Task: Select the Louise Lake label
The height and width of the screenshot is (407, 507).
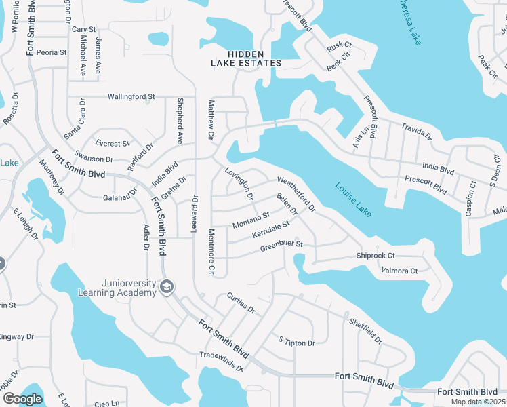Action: coord(353,199)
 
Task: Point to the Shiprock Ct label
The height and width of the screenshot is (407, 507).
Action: coord(376,256)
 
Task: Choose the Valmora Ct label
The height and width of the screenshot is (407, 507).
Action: coord(399,271)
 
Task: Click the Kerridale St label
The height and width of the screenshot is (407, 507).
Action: coord(270,229)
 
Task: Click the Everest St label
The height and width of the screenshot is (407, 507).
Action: coord(113,144)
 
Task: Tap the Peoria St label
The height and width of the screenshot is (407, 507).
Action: coord(52,52)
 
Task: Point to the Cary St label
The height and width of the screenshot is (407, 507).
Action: coord(84,30)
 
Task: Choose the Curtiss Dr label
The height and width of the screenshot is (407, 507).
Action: coord(241,303)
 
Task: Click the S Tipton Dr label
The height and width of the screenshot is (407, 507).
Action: coord(297,341)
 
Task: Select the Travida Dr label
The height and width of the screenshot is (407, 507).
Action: coord(416,132)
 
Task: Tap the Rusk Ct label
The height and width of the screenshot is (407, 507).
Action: coord(340,45)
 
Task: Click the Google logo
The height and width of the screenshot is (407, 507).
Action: coord(22,399)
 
